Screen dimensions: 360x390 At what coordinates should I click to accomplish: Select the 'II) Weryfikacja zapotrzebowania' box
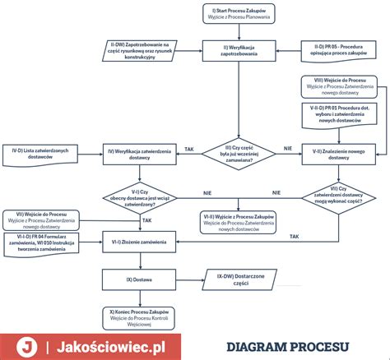click(x=238, y=48)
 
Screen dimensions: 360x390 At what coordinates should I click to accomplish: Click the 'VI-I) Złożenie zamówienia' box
click(x=138, y=240)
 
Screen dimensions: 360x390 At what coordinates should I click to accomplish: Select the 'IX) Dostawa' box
click(x=138, y=279)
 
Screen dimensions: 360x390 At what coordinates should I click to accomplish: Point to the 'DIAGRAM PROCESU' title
click(x=287, y=346)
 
